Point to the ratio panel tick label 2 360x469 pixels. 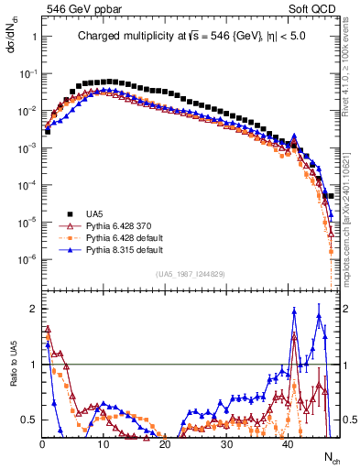[33, 309]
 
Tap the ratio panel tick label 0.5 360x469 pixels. [29, 420]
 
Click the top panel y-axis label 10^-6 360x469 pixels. [28, 260]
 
